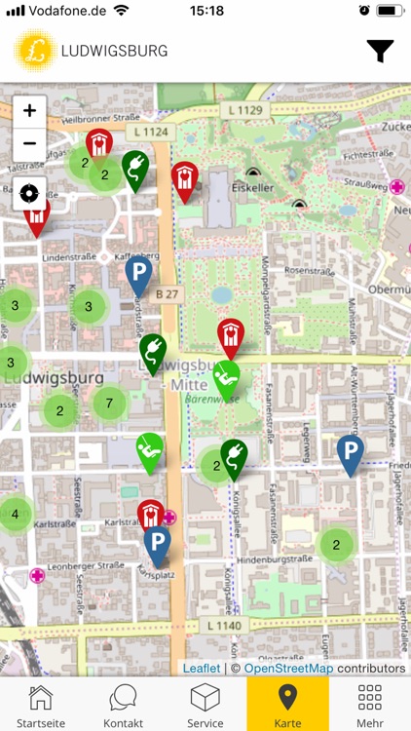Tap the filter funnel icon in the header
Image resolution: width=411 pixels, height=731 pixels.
tap(380, 52)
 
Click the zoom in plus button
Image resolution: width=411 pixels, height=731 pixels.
tap(30, 111)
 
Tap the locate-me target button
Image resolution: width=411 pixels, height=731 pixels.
tap(30, 193)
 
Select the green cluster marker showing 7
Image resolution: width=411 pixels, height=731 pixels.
tap(109, 403)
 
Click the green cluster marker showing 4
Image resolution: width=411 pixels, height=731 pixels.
tap(15, 514)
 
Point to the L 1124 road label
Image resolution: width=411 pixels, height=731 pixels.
tap(151, 131)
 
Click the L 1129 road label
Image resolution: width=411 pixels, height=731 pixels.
tap(242, 111)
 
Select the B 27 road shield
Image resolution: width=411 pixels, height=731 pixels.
tap(168, 292)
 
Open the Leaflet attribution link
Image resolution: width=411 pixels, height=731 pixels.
tap(202, 669)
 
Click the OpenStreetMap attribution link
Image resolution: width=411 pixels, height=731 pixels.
tap(288, 669)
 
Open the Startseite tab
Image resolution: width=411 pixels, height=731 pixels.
tap(40, 704)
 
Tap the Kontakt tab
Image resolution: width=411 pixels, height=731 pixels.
tap(124, 704)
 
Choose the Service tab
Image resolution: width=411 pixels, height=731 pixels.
tap(205, 704)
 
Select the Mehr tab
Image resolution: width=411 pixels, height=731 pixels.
tap(370, 704)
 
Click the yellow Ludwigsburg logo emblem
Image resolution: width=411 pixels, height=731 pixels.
tap(36, 51)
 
